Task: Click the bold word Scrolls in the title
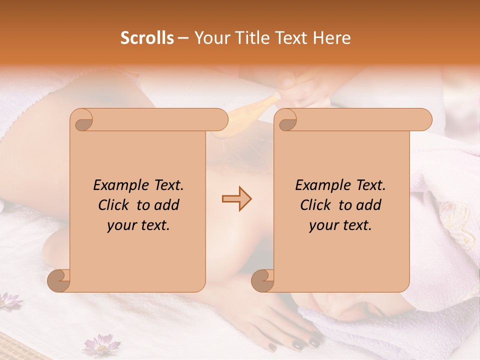click(147, 38)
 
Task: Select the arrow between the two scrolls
click(236, 199)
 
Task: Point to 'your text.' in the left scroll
click(138, 225)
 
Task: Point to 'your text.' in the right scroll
click(340, 225)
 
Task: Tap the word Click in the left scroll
click(115, 205)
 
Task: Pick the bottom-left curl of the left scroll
click(58, 281)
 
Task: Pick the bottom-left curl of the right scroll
click(262, 281)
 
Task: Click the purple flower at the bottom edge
click(101, 345)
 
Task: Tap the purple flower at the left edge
click(9, 300)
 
